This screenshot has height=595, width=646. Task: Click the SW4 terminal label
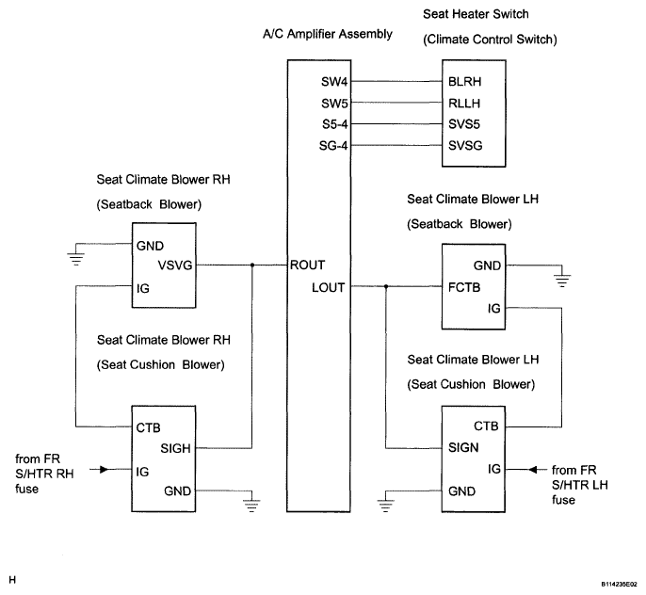[334, 82]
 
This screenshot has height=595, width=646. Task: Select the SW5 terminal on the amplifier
[334, 104]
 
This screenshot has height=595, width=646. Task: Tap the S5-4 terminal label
[335, 124]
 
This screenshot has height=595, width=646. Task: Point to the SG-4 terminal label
[333, 146]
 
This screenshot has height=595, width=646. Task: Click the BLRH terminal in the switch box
[465, 82]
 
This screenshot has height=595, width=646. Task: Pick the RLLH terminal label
[464, 104]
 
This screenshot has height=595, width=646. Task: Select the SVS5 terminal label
[464, 124]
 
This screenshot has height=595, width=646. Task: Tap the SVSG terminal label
[465, 146]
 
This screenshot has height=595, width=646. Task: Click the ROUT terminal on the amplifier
[307, 265]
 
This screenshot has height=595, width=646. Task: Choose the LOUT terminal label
[328, 287]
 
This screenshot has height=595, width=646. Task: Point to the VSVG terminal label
[175, 265]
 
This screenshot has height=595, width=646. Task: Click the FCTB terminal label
[464, 287]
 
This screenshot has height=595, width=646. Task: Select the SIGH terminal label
[175, 448]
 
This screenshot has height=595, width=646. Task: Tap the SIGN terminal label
[463, 447]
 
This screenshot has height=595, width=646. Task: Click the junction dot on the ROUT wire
[252, 265]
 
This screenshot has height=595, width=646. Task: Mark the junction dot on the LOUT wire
[386, 286]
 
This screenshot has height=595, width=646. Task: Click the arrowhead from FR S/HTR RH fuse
[105, 470]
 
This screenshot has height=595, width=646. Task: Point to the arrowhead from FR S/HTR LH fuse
[533, 470]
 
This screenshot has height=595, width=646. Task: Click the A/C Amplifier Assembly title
[328, 34]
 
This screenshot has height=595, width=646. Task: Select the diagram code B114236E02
[619, 585]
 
